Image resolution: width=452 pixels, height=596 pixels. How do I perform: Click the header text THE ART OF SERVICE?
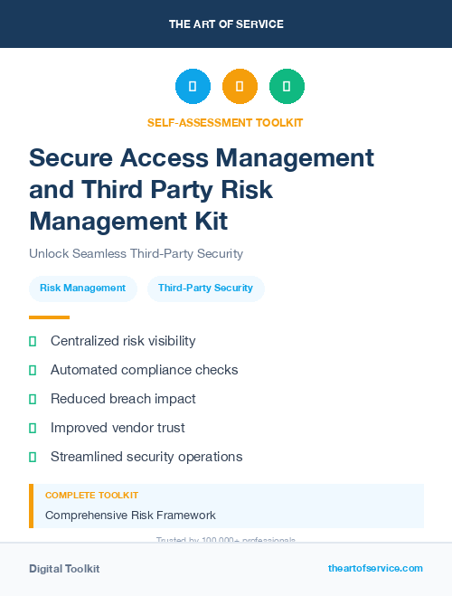pos(226,24)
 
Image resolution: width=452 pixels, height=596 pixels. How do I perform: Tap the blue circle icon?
pos(193,87)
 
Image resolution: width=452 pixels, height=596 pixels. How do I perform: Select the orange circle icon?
pos(240,87)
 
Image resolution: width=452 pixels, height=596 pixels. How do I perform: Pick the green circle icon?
pos(287,87)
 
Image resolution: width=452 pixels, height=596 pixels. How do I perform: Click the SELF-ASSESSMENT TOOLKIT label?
pos(225,122)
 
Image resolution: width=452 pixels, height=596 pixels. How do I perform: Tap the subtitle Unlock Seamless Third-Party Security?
pos(136,254)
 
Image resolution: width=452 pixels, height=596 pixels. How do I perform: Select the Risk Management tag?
pos(82,288)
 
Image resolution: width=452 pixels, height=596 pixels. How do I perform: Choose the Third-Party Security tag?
pos(205,288)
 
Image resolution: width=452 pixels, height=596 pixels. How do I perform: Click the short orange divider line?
pos(49,317)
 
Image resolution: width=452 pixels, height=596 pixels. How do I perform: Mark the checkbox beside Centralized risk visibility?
pos(33,341)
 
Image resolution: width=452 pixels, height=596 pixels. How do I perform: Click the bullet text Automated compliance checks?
pos(144,370)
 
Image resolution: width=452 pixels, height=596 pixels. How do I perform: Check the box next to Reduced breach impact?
pos(33,399)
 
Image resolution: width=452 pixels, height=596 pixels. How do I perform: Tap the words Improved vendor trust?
pos(118,428)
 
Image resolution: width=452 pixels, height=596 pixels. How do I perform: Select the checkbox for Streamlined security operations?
pos(33,457)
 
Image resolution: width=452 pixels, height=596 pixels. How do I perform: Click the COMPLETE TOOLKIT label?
pos(91,496)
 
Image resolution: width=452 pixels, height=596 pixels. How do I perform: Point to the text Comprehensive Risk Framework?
pos(130,516)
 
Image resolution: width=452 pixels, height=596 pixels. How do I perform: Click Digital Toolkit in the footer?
pos(64,569)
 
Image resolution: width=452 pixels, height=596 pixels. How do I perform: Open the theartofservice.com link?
pos(375,568)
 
